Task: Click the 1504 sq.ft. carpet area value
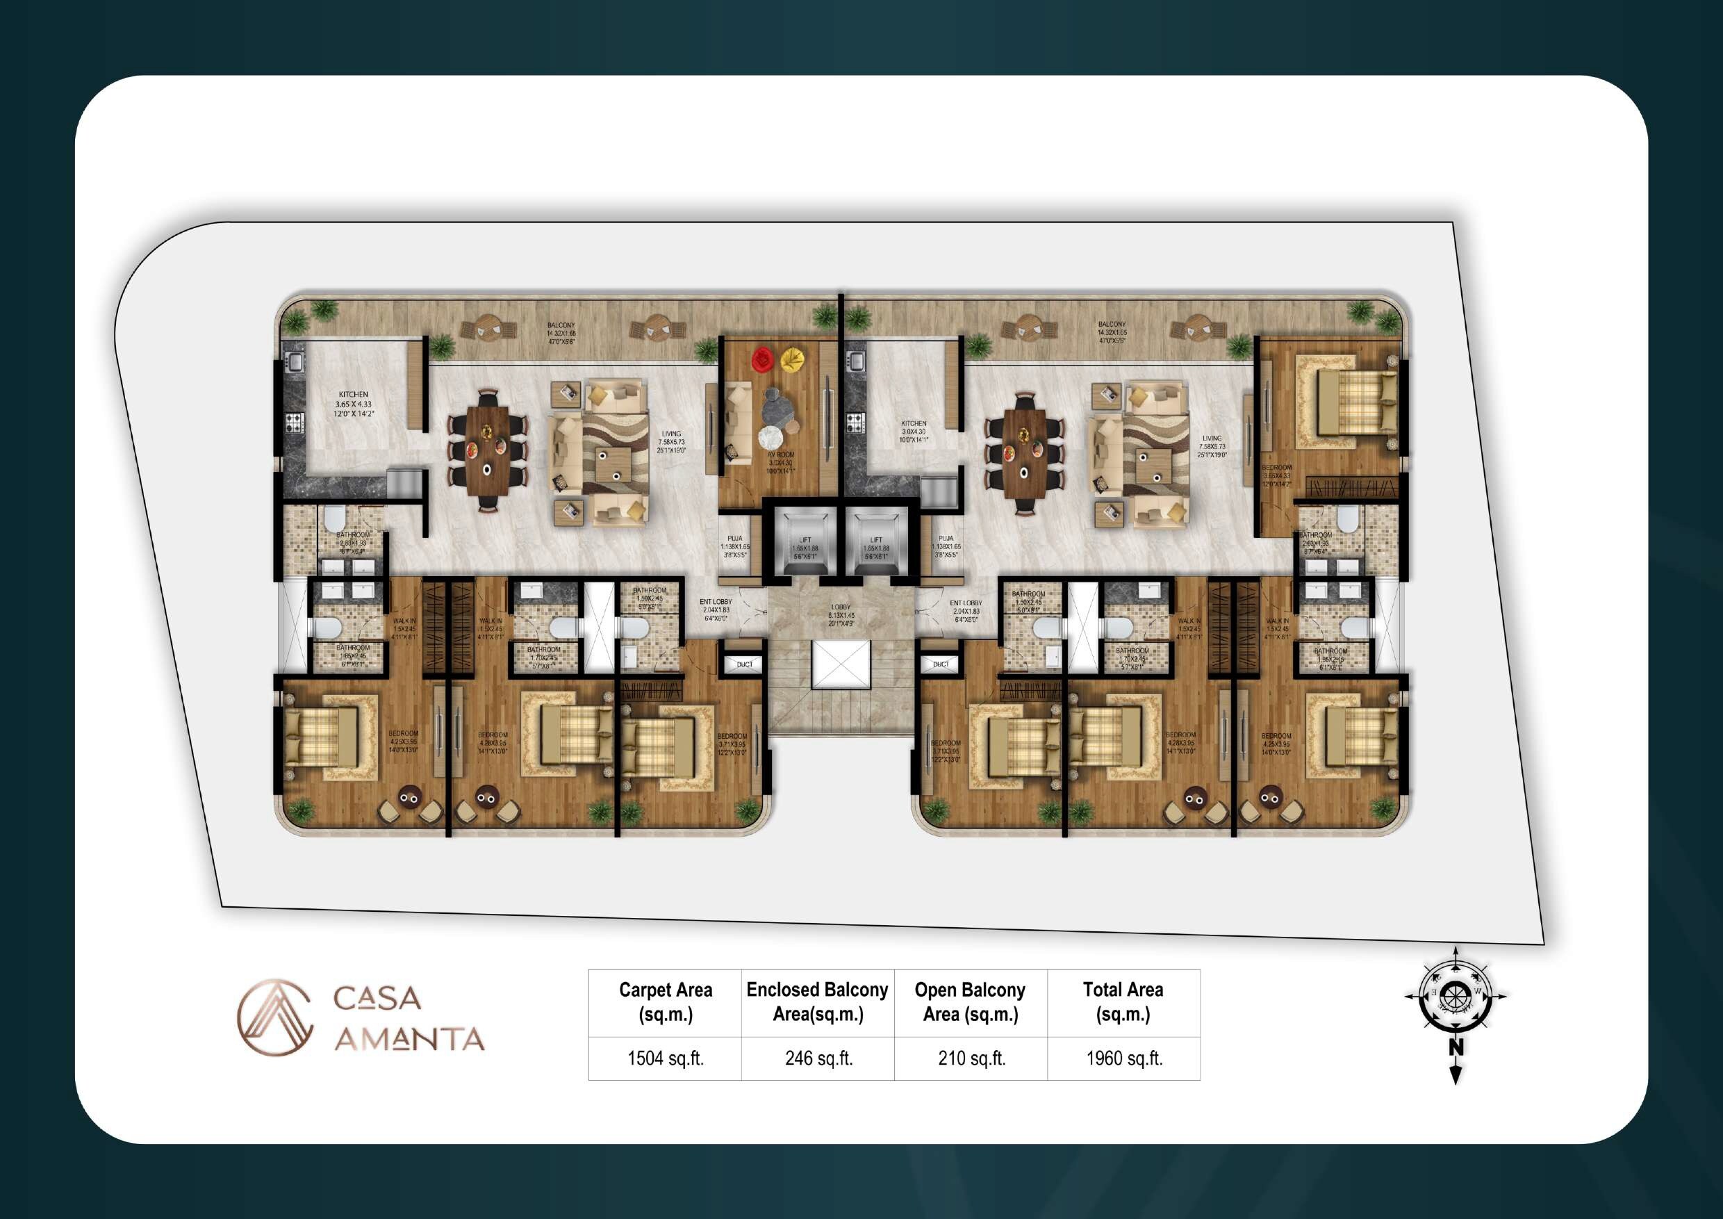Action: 665,1058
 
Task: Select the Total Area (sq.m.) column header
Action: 1123,1001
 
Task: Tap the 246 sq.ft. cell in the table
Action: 818,1058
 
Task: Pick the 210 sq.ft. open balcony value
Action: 971,1058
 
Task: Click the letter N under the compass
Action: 1456,1047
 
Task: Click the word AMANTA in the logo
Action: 409,1039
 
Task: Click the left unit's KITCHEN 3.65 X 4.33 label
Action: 354,404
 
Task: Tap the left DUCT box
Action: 743,664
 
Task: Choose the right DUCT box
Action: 940,664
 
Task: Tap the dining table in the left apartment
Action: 487,452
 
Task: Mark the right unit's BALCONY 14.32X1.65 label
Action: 1112,332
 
